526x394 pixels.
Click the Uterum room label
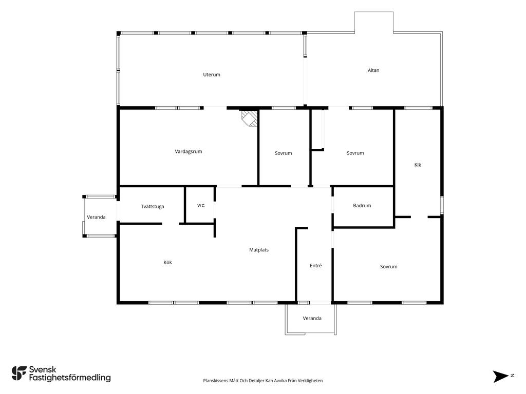coord(212,75)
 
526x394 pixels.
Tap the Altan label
coord(373,70)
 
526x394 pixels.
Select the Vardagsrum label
coord(189,151)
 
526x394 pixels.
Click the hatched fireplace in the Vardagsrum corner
coord(250,119)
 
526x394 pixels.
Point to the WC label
coord(201,206)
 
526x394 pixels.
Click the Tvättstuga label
coord(153,206)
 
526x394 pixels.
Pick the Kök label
coord(168,262)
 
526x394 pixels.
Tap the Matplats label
coord(259,250)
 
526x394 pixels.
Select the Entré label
coord(316,265)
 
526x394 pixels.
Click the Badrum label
coord(362,205)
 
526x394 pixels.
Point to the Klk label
coord(418,165)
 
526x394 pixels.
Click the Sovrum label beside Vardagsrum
coord(284,153)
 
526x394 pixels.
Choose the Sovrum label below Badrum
coord(389,267)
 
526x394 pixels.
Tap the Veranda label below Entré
coord(312,318)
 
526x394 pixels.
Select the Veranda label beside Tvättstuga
coord(96,217)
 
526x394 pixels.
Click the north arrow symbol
coord(500,376)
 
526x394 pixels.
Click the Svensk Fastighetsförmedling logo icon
coord(19,373)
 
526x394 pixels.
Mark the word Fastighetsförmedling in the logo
coord(70,378)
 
